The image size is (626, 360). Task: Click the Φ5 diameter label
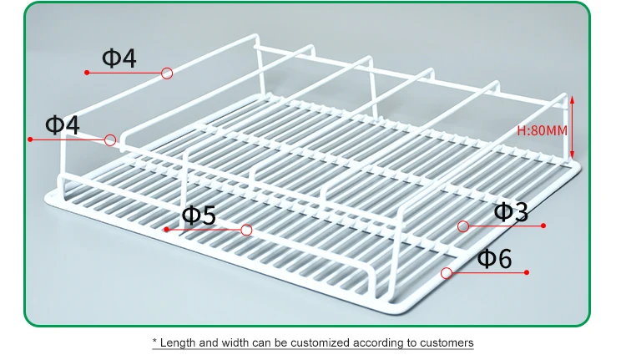point(199,215)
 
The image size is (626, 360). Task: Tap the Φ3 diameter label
point(511,211)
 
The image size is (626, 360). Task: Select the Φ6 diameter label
point(494,258)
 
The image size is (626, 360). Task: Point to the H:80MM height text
point(542,130)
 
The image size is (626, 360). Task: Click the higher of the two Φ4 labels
point(119,58)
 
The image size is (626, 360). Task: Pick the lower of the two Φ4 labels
point(62,125)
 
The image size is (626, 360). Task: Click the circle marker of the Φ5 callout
point(246,230)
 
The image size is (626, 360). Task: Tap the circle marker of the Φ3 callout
point(462,226)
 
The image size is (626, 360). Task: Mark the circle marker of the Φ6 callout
point(447,272)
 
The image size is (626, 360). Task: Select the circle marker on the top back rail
point(167,74)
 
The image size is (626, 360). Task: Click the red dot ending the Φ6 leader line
point(528,272)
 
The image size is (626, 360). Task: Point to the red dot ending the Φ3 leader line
point(543,226)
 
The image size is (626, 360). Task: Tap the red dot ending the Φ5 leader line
point(167,230)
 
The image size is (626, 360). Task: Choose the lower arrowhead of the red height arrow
point(573,157)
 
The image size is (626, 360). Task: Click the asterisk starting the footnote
point(154,341)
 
